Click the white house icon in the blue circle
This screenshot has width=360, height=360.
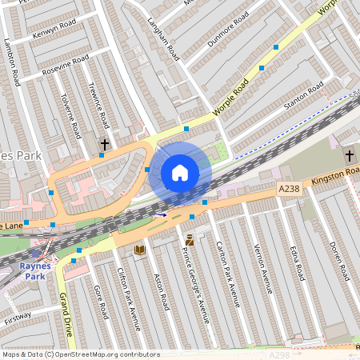click(180, 173)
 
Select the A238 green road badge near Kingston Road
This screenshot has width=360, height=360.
click(290, 188)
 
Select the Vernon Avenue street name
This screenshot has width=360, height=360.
click(262, 267)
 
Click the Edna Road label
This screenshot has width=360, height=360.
click(297, 263)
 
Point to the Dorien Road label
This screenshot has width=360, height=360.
click(339, 261)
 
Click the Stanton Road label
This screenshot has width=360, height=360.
click(304, 95)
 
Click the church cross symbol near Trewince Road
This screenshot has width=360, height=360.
click(105, 144)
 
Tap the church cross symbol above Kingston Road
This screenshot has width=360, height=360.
click(349, 154)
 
